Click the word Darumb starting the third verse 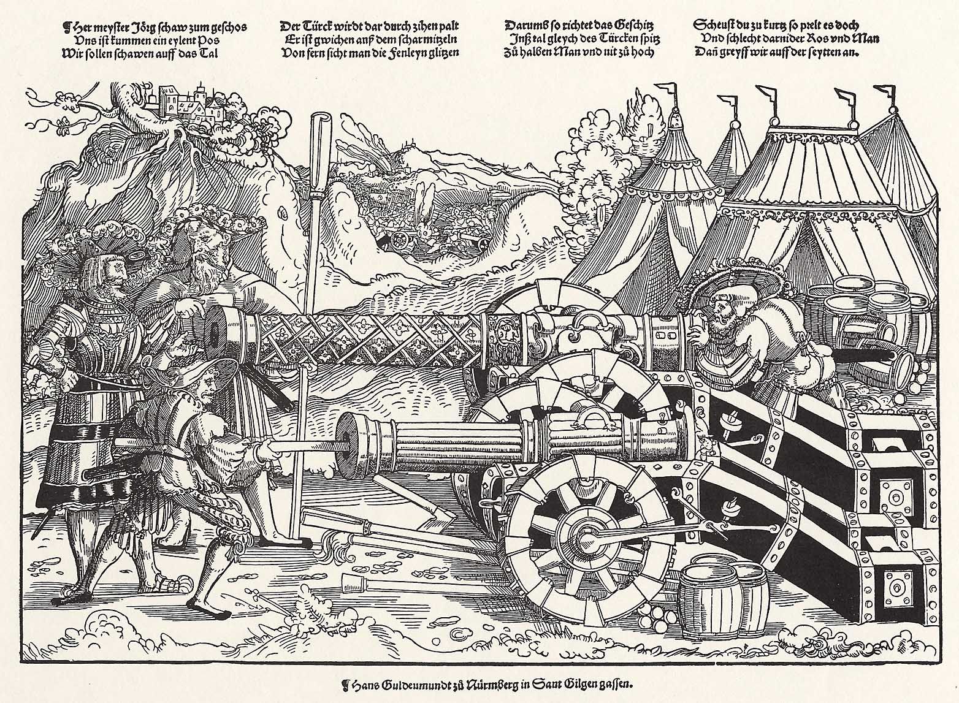(526, 26)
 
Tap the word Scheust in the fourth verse (715, 26)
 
